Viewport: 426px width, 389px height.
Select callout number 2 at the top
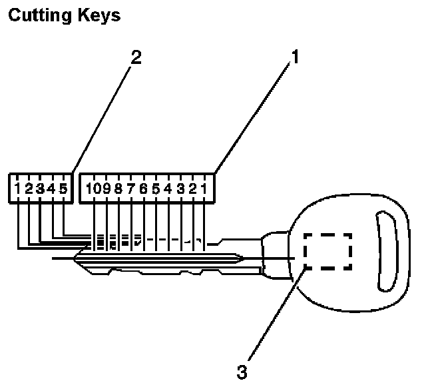136,57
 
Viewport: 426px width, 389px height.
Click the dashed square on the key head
327,251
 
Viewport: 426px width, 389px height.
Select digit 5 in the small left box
63,189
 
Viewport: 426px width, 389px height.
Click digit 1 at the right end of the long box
204,189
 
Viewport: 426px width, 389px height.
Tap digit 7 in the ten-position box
130,189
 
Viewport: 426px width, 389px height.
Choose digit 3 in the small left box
41,189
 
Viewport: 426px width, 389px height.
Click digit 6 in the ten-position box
143,189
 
